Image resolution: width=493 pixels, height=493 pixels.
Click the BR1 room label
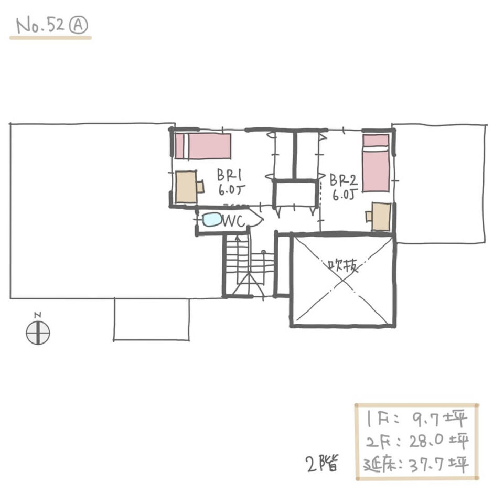coord(229,175)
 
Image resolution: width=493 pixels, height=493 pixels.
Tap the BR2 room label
coord(344,180)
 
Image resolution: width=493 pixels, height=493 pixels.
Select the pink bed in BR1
coord(203,146)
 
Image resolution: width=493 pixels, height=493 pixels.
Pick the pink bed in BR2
coord(376,163)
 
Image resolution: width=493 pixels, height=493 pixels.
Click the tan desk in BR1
coord(186,187)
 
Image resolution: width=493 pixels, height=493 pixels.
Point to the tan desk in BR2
coord(381,217)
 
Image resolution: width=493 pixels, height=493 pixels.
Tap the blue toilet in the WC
coord(212,219)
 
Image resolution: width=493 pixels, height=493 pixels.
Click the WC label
coord(233,221)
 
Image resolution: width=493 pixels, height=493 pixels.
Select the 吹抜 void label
coord(343,267)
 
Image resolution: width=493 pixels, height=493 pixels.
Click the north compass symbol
coord(38,333)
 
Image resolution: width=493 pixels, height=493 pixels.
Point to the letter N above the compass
coord(38,315)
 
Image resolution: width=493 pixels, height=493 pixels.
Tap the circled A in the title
coord(78,25)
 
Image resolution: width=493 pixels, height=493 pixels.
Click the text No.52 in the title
coord(40,26)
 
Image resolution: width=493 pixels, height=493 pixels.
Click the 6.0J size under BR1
coord(231,190)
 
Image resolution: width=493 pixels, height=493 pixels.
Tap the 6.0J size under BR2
coord(345,195)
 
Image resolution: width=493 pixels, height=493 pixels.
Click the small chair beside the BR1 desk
coord(200,186)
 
